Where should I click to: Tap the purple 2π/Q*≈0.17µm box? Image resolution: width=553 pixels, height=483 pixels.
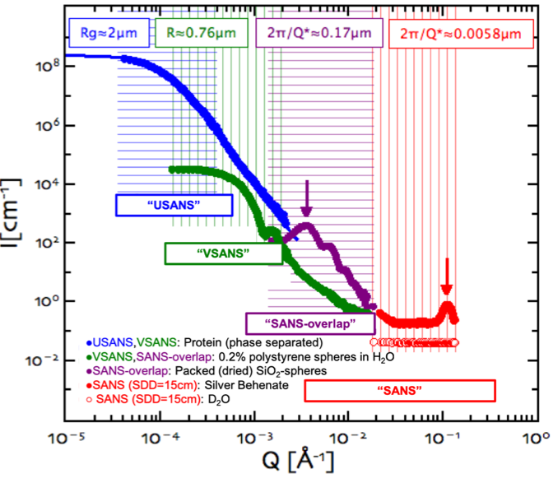tap(323, 35)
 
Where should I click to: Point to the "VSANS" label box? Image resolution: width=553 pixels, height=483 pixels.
tap(223, 253)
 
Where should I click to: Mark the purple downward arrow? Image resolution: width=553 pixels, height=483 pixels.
tap(306, 197)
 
